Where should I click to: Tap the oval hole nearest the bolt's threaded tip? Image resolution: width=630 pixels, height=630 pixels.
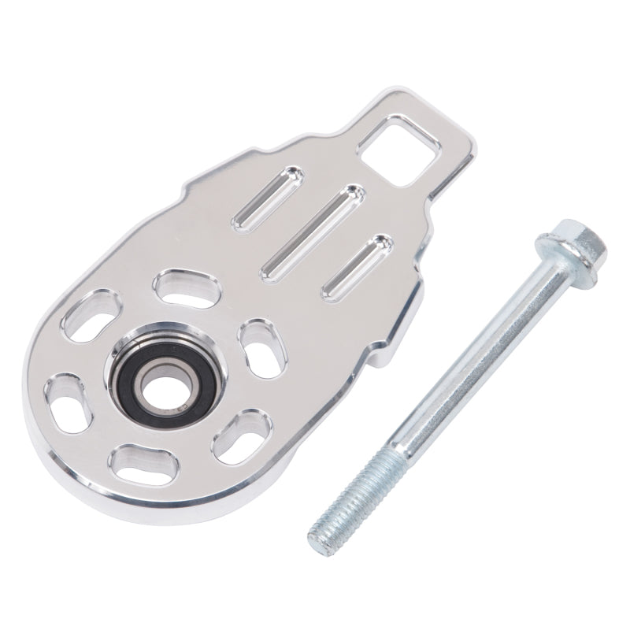(x=239, y=429)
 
